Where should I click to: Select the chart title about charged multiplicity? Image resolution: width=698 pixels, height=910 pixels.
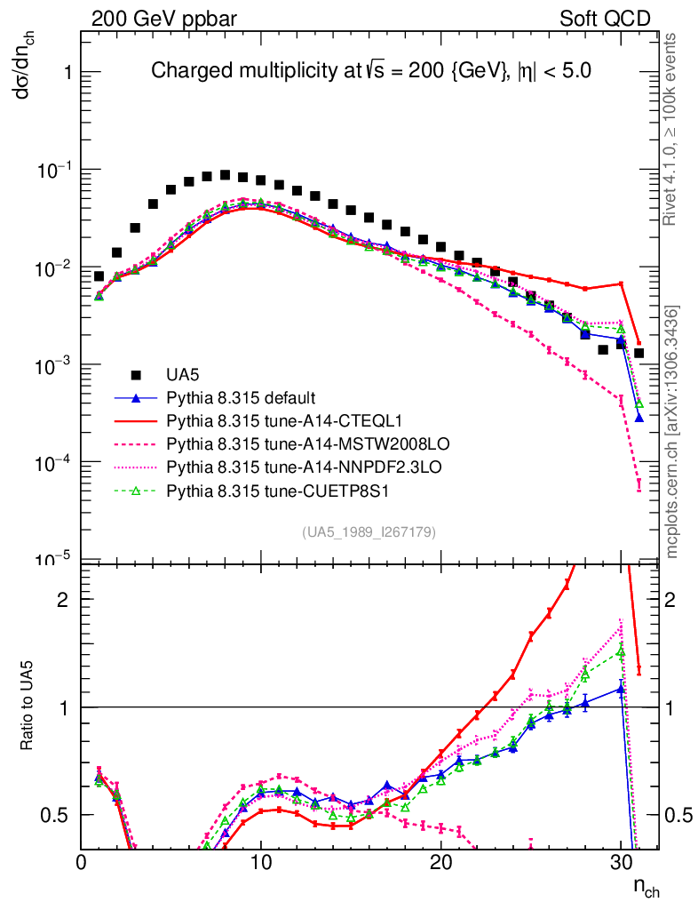[x=371, y=71]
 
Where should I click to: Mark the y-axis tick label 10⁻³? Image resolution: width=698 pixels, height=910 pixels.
[x=54, y=365]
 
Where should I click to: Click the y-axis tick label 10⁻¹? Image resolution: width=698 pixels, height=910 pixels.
[x=54, y=170]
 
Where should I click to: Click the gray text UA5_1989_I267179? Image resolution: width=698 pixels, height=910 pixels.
[x=369, y=532]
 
